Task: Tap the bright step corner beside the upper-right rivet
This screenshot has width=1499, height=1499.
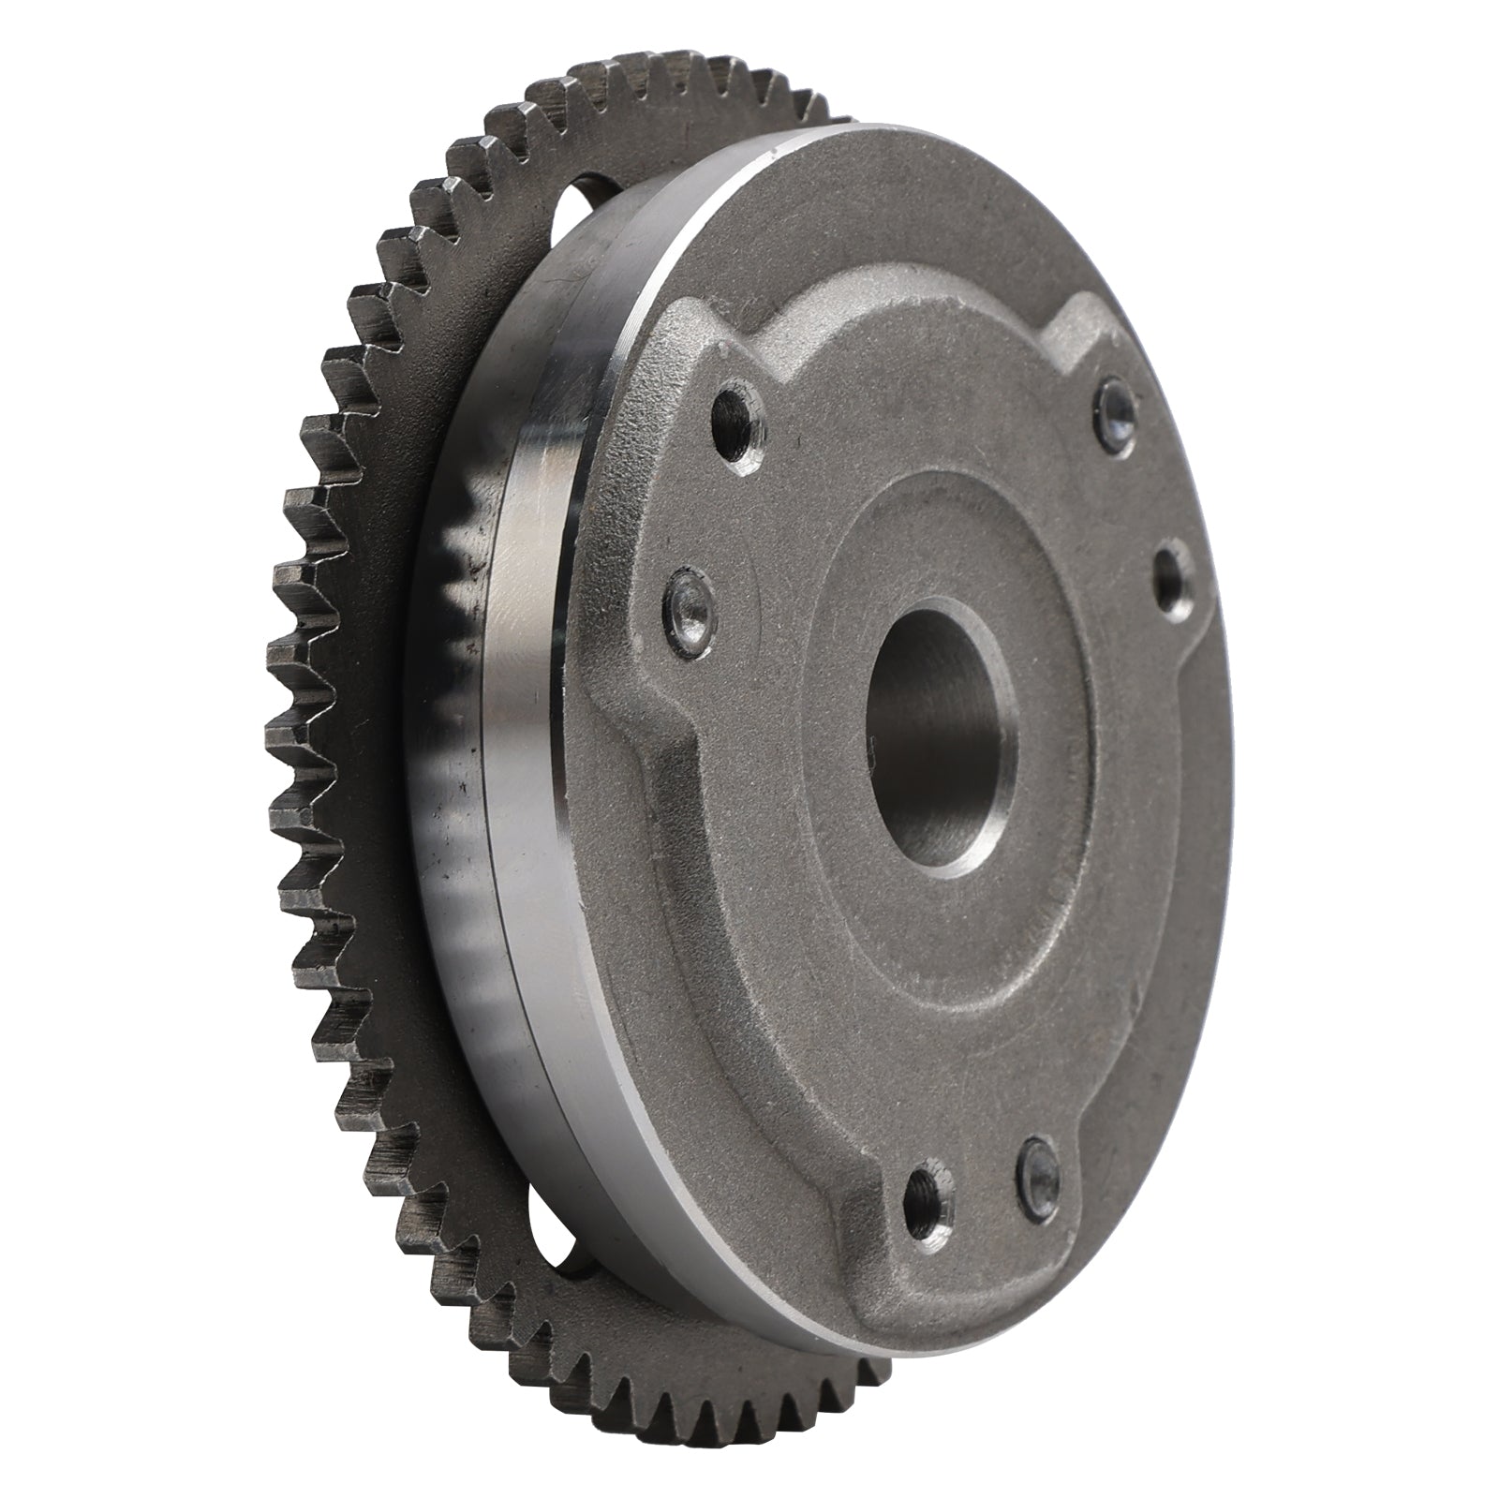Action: click(1077, 309)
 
